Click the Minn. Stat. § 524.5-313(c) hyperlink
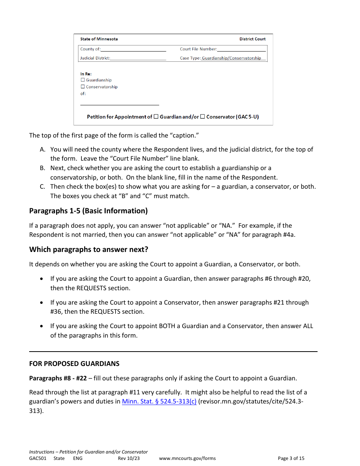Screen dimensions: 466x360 159,402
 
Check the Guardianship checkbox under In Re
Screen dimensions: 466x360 83,80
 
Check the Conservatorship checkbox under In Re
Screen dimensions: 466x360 83,87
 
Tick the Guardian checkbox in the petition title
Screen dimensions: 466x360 156,117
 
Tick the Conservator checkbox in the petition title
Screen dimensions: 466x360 202,117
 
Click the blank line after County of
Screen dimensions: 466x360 133,49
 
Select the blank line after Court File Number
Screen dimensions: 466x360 242,49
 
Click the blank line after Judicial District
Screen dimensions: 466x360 138,58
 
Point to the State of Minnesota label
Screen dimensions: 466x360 99,39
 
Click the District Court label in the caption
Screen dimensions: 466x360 252,39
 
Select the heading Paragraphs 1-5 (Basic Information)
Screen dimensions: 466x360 88,211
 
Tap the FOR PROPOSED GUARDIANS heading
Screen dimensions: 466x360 74,364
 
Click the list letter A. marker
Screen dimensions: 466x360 43,150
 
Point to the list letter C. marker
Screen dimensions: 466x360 43,187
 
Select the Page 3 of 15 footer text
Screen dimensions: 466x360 291,458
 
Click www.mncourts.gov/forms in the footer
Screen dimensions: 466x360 187,458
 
